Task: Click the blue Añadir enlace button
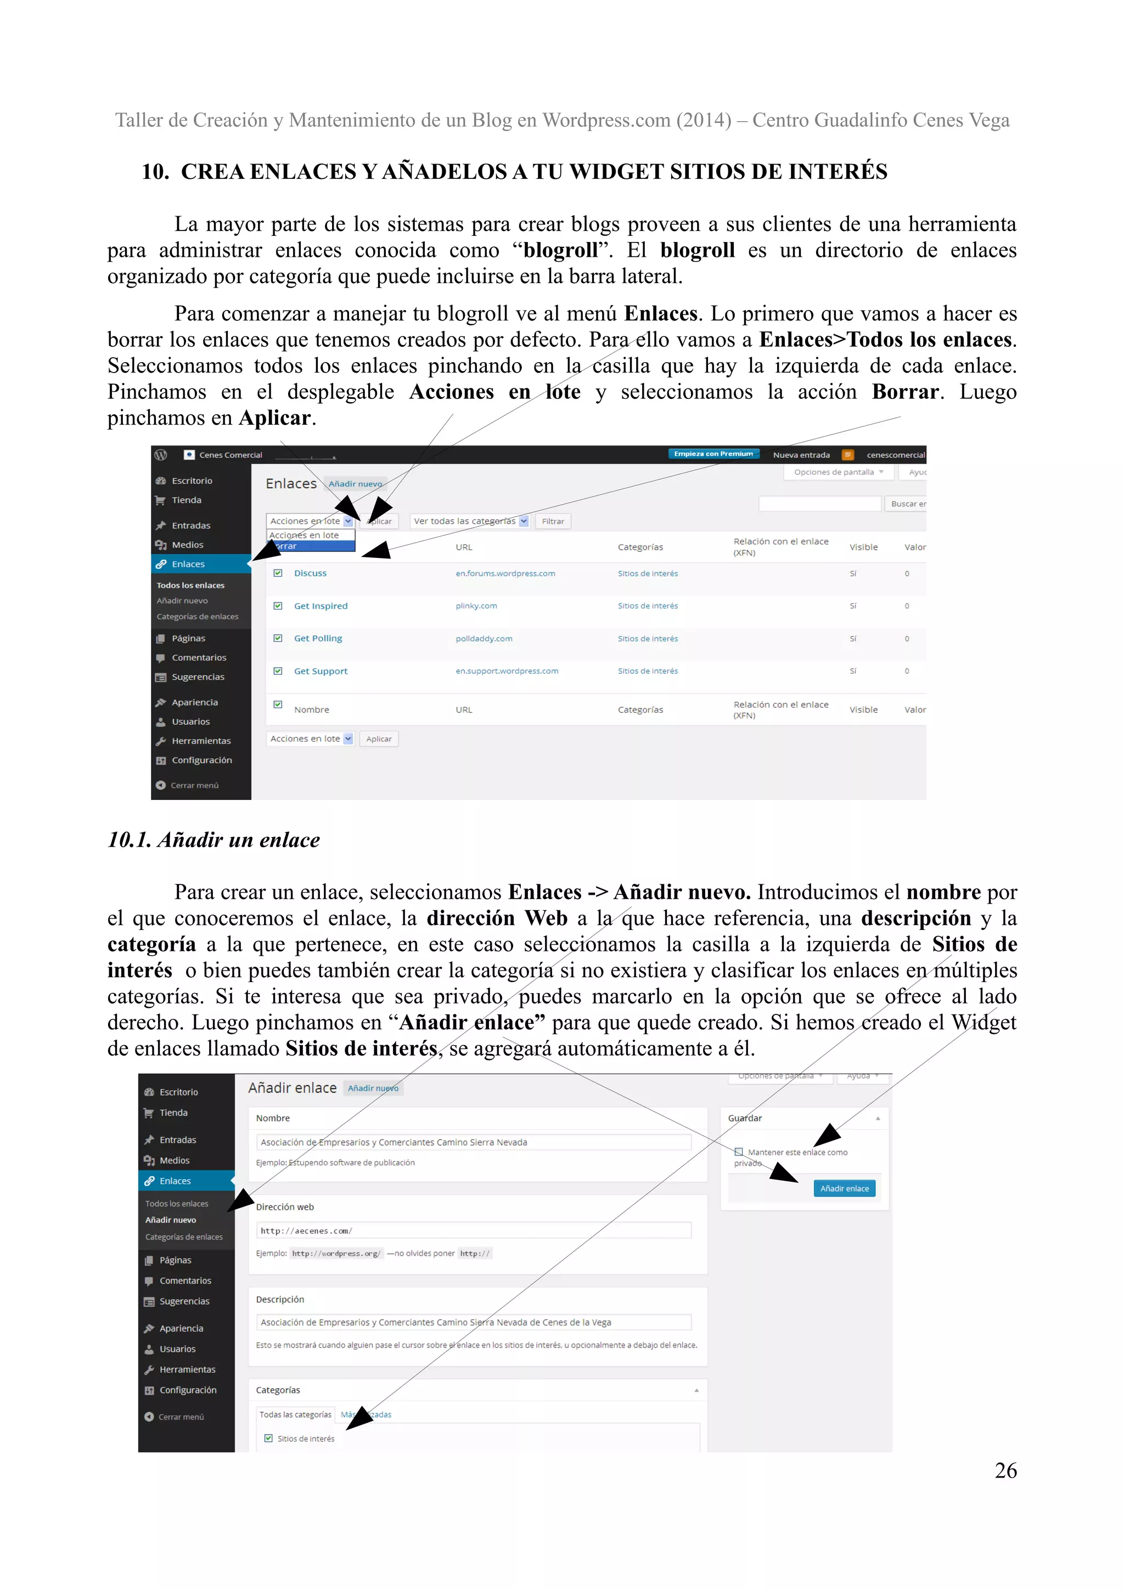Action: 844,1188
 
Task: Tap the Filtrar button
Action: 552,521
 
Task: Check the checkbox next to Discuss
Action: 278,573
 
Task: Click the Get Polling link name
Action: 318,639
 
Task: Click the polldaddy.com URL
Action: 484,639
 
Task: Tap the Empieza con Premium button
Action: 713,454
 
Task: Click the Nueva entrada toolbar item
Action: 801,455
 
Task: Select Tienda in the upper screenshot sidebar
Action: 186,500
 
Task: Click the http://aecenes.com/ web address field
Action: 473,1231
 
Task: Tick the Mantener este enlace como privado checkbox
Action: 738,1152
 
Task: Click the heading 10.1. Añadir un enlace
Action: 213,840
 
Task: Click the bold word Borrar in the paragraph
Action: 904,392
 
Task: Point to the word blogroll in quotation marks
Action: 560,250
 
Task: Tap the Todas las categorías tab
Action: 295,1414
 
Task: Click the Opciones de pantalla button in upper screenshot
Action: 838,472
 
